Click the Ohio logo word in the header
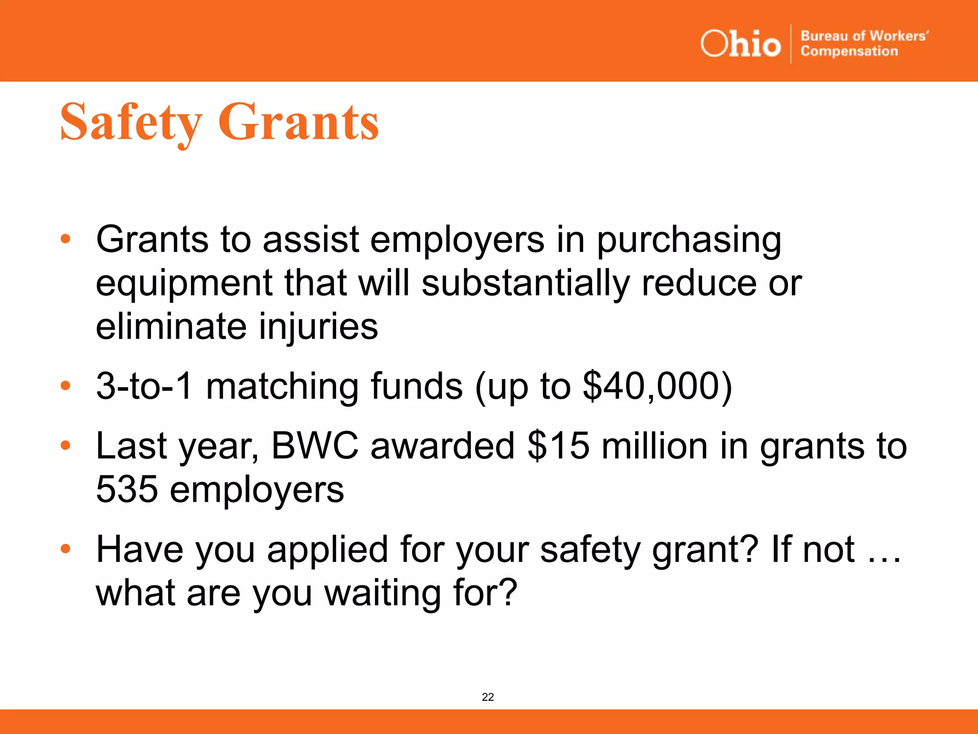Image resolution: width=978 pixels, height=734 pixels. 740,44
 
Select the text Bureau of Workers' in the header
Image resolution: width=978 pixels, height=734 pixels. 864,36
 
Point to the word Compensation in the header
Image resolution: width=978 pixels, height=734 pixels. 849,51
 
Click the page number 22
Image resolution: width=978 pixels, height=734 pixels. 488,697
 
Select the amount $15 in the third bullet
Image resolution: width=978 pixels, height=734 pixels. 558,445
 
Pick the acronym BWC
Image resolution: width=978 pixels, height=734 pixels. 315,445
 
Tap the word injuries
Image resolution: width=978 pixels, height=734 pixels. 318,326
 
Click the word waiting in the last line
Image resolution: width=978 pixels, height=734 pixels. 382,593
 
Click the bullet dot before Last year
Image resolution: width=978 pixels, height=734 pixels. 65,445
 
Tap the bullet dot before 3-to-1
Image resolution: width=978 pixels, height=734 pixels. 65,386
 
